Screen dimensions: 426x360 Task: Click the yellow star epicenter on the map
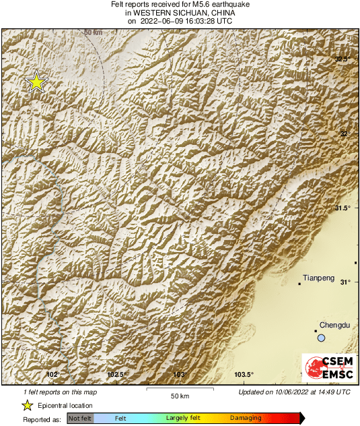click(x=36, y=82)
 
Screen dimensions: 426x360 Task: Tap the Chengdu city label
click(x=335, y=325)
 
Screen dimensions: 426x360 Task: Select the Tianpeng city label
click(x=318, y=277)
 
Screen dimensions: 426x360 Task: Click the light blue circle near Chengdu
click(x=322, y=338)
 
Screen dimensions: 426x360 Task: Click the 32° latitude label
click(x=345, y=133)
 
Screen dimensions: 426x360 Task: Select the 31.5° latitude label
click(x=343, y=208)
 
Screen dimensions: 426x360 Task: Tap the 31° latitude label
click(x=345, y=282)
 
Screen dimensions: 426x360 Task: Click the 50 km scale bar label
click(x=178, y=395)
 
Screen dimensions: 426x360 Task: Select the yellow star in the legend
click(x=28, y=405)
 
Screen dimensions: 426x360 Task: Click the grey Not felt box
click(x=80, y=419)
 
